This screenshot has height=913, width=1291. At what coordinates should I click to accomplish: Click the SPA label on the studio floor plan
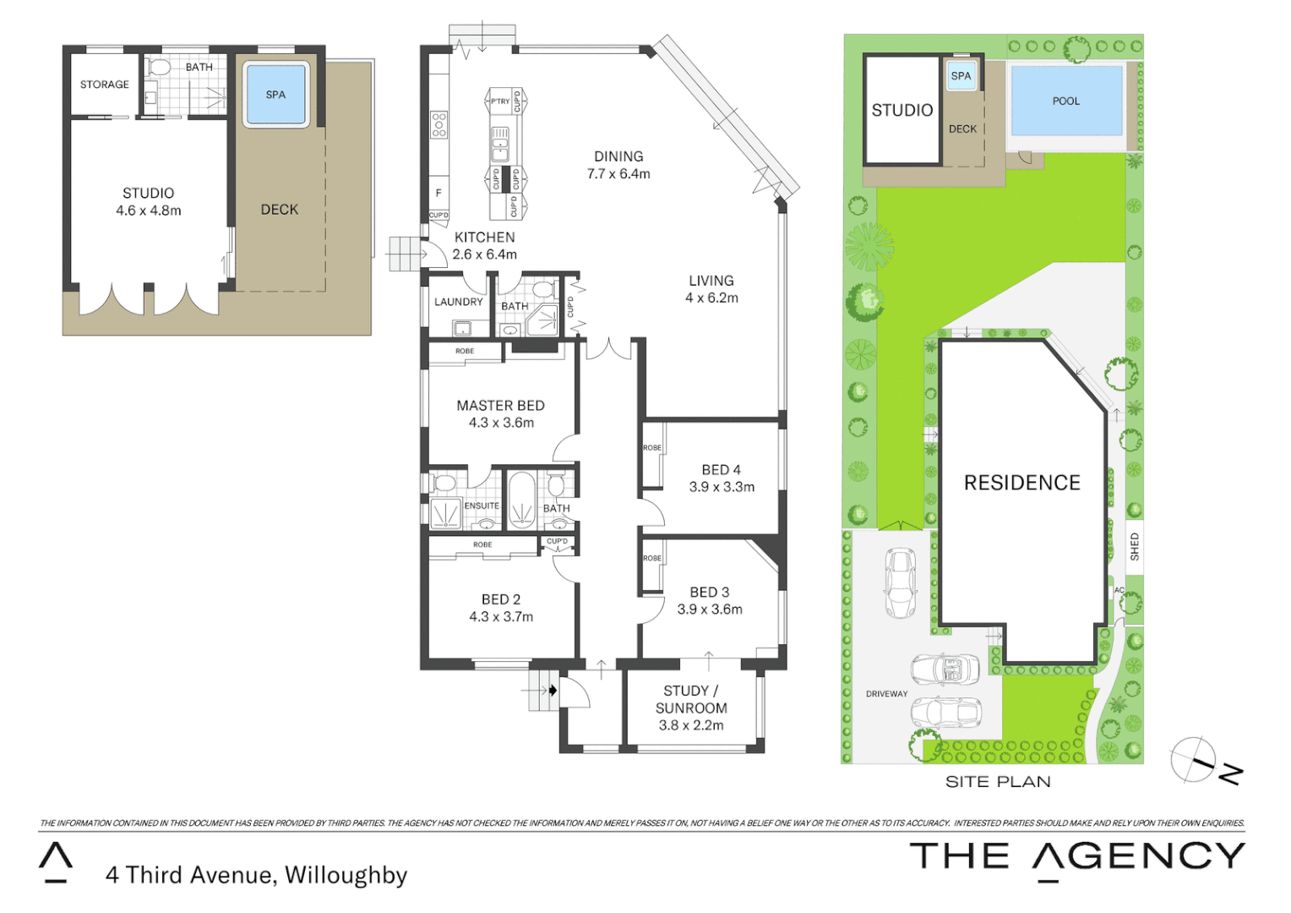tap(275, 95)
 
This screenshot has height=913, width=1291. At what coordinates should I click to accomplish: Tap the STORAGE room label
tap(105, 85)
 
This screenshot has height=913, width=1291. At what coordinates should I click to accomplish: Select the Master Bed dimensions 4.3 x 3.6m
tap(501, 423)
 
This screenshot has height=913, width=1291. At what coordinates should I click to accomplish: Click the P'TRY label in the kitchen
tap(500, 101)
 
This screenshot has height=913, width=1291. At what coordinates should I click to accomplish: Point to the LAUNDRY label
tap(458, 302)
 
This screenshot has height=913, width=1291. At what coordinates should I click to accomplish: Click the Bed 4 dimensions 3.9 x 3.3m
tap(722, 487)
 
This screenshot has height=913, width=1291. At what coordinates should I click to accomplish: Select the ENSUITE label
tap(482, 506)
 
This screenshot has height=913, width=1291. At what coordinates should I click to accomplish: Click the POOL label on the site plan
tap(1065, 101)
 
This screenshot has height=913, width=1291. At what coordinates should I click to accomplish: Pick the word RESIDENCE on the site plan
tap(1021, 483)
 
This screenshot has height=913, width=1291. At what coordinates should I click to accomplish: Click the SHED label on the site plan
tap(1134, 547)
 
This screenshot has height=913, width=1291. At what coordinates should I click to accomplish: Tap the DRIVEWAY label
tap(886, 694)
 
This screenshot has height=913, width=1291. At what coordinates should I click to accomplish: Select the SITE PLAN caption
tap(998, 782)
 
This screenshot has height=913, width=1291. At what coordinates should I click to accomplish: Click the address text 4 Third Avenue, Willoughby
tap(256, 875)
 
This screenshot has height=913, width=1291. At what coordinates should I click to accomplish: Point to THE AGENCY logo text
tap(1076, 856)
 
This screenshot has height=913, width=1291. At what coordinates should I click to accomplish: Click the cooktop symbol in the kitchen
tap(439, 124)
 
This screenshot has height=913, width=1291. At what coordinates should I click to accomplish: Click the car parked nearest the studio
tap(899, 583)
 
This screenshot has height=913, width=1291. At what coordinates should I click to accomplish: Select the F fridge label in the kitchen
tap(438, 193)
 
